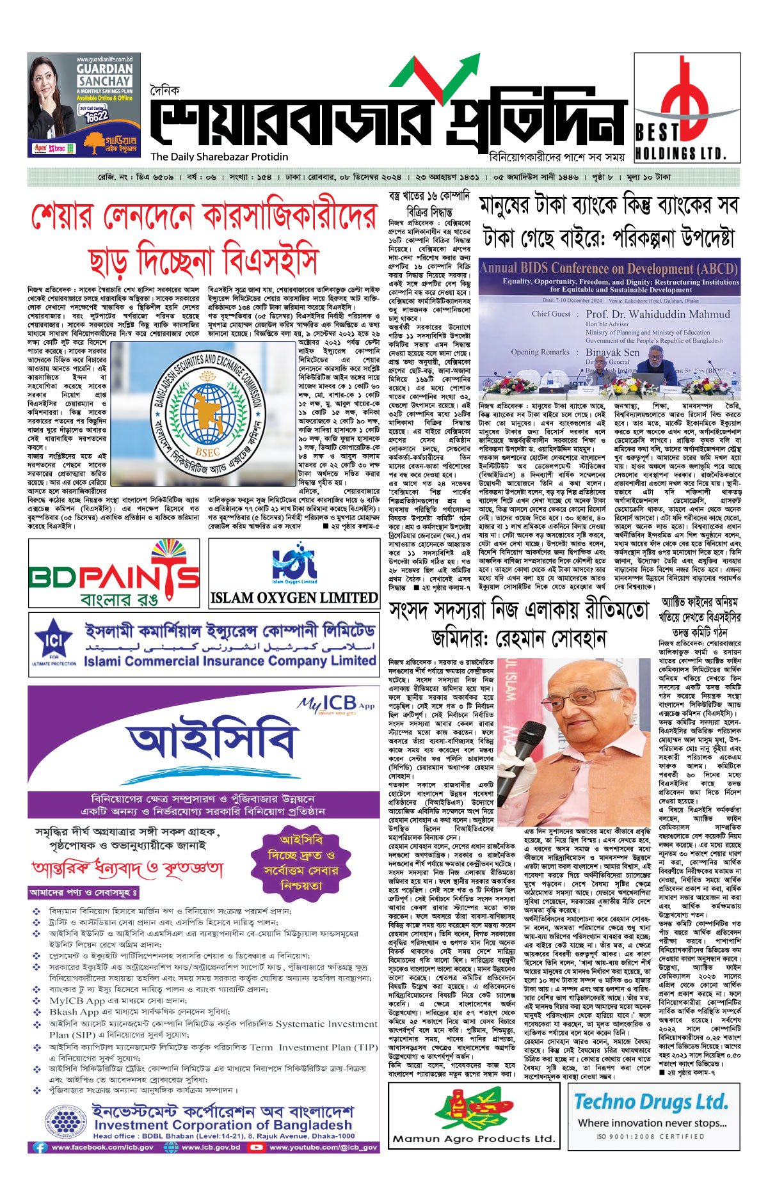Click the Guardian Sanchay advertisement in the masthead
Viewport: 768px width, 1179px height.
(84, 105)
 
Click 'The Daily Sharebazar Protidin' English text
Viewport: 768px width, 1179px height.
(220, 157)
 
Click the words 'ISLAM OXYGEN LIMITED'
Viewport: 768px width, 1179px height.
(294, 598)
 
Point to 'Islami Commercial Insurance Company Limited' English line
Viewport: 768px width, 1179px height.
(229, 660)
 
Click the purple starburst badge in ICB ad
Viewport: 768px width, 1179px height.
(301, 862)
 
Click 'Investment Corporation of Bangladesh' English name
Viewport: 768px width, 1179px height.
(223, 1125)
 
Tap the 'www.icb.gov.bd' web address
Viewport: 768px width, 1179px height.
(211, 1147)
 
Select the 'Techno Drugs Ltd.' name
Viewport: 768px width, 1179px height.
(650, 1101)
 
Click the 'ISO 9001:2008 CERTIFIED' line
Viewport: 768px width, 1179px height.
(650, 1137)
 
